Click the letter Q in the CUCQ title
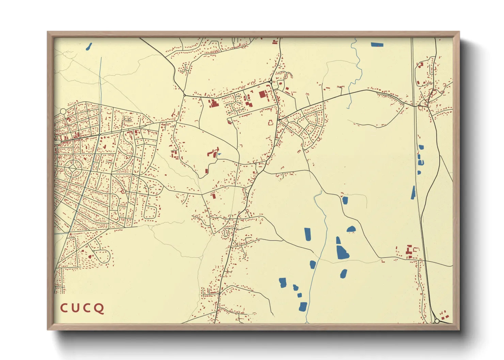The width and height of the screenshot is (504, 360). pyautogui.click(x=99, y=308)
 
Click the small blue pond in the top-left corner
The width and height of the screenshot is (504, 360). pyautogui.click(x=89, y=46)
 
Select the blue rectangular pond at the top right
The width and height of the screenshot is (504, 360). pyautogui.click(x=377, y=44)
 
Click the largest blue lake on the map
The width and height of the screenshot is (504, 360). pyautogui.click(x=342, y=251)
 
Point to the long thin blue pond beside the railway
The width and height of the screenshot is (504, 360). pyautogui.click(x=413, y=192)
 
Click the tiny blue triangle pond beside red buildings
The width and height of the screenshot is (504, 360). pyautogui.click(x=219, y=154)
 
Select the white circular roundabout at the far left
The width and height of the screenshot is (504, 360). pyautogui.click(x=63, y=111)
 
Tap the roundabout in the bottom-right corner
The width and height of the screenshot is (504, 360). pyautogui.click(x=437, y=321)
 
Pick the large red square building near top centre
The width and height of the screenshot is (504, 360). pyautogui.click(x=262, y=94)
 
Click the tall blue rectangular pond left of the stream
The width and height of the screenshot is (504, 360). pyautogui.click(x=308, y=234)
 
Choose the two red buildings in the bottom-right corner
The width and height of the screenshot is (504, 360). pyautogui.click(x=444, y=315)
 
